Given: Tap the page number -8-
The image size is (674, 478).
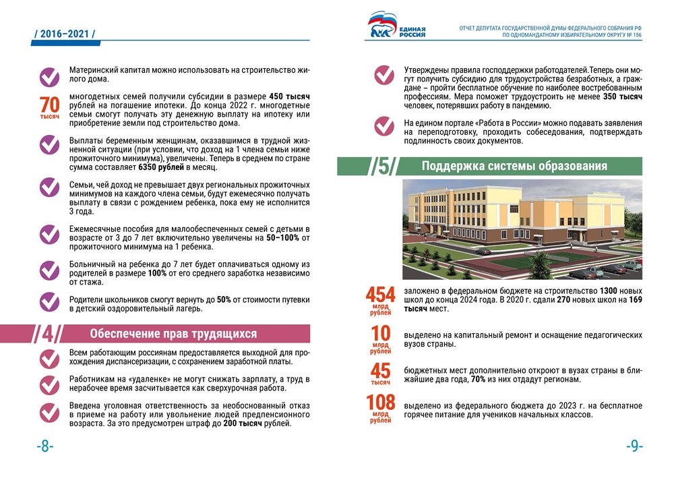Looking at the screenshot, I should click(x=44, y=446).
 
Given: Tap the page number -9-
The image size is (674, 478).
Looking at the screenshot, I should click(x=634, y=446).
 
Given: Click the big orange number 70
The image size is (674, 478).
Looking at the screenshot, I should click(x=50, y=105).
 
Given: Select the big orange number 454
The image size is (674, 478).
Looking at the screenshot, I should click(x=380, y=294).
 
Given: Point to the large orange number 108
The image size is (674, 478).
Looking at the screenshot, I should click(x=380, y=402).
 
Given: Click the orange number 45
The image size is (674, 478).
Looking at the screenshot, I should click(x=380, y=371).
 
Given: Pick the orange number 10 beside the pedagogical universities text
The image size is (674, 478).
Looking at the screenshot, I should click(x=381, y=333).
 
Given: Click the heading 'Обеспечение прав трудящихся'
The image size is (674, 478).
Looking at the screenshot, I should click(x=174, y=334).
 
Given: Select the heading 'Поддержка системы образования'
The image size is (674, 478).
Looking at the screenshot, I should click(x=514, y=166).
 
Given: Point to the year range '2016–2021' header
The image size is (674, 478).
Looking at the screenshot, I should click(x=65, y=33).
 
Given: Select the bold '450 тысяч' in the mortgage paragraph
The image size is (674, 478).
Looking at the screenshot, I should click(x=289, y=96).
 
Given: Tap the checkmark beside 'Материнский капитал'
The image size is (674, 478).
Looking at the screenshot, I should click(x=50, y=76).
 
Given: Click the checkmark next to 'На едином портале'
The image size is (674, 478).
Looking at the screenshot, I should click(x=384, y=126).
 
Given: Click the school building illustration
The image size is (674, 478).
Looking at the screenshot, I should click(x=522, y=229).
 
